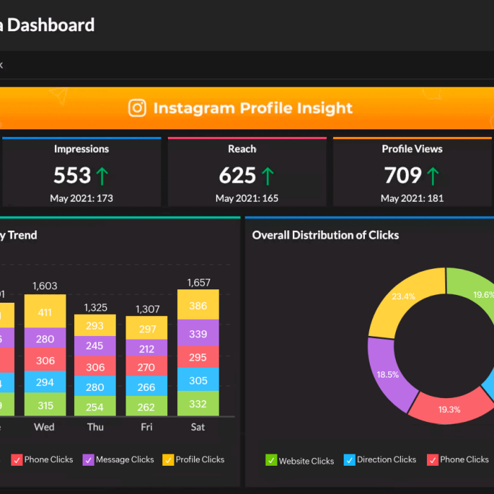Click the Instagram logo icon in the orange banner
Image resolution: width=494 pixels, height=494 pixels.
click(x=138, y=108)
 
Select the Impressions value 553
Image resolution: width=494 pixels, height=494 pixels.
click(x=73, y=175)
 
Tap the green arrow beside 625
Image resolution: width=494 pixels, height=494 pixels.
click(x=267, y=175)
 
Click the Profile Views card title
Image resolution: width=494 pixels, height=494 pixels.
click(x=412, y=149)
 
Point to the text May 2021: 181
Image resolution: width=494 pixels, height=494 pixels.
click(x=412, y=198)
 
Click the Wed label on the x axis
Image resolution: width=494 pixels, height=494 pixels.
click(x=44, y=427)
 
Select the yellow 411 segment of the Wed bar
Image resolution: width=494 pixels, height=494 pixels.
click(x=45, y=312)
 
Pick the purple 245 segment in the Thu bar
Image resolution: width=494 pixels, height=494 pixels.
click(x=95, y=346)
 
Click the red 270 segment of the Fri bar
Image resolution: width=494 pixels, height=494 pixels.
click(x=147, y=367)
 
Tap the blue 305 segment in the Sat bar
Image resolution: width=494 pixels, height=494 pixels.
click(x=198, y=380)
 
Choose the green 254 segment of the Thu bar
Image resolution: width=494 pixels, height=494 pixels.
click(x=95, y=406)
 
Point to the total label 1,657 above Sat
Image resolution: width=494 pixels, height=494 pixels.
click(x=198, y=283)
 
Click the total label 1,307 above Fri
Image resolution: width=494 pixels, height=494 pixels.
click(x=147, y=308)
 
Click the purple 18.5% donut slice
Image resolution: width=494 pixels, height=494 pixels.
click(x=387, y=374)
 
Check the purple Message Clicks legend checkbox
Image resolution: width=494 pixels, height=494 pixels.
click(x=88, y=460)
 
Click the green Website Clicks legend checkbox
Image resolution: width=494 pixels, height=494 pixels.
click(x=271, y=460)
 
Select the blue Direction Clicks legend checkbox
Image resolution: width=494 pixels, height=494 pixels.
click(x=349, y=460)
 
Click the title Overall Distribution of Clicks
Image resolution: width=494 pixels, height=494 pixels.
click(x=325, y=235)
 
